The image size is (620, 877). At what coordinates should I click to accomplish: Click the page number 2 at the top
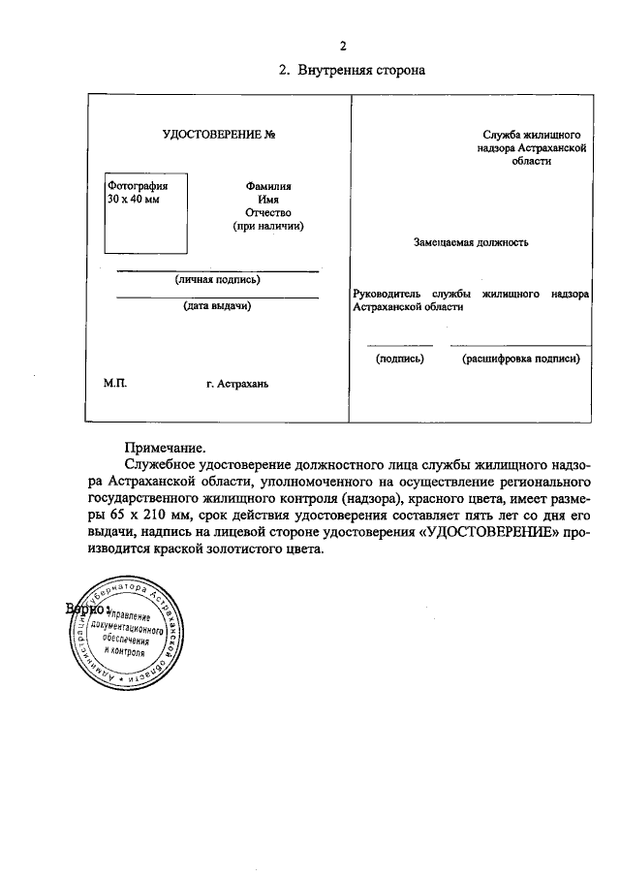coord(343,46)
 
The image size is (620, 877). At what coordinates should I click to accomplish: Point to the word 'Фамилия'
coord(268,185)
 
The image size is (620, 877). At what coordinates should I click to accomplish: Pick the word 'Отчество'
coord(268,212)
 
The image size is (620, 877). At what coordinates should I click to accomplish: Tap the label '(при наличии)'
coord(268,226)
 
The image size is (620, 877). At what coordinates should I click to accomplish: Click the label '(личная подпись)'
coord(218,279)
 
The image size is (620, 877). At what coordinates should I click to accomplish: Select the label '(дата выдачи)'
coord(218,306)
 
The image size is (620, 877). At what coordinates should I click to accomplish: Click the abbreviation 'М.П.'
coord(115,383)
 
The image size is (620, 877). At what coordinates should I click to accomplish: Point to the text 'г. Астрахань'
coord(237,384)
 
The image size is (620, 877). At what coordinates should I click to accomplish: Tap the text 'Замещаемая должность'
coord(471,242)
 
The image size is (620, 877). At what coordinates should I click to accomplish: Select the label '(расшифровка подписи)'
coord(520,358)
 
